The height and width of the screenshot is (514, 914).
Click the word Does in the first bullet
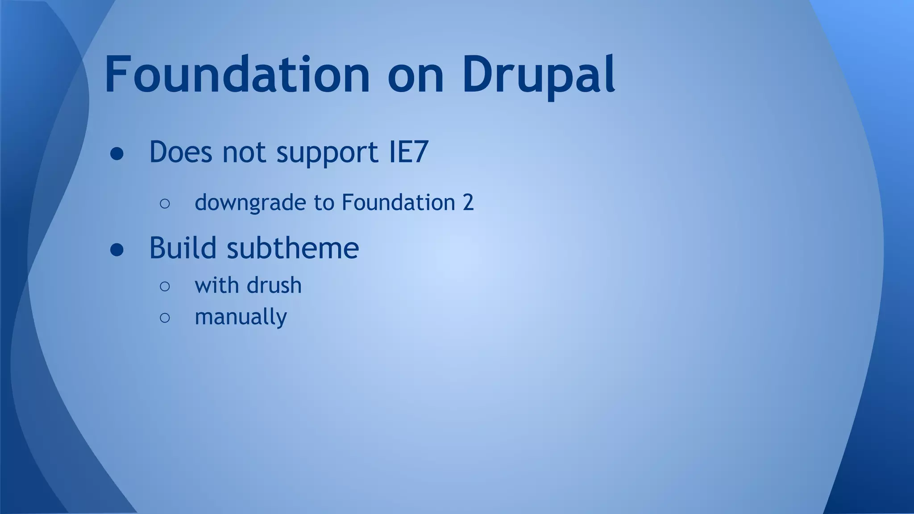[x=180, y=152]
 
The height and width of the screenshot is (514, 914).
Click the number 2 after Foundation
[x=468, y=203]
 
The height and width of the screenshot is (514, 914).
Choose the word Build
[x=183, y=248]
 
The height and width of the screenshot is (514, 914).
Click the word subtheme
[x=293, y=248]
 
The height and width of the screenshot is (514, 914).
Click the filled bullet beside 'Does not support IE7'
[x=117, y=154]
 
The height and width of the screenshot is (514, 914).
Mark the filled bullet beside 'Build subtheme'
[x=117, y=250]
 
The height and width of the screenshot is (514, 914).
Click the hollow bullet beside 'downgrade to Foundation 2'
[x=165, y=204]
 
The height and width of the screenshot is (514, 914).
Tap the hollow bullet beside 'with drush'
[x=165, y=286]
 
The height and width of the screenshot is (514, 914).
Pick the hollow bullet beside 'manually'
[x=165, y=318]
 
